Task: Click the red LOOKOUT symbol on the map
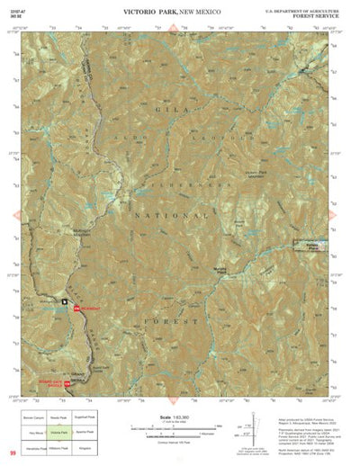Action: click(76, 309)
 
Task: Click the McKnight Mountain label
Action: click(106, 229)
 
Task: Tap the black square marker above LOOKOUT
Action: click(65, 301)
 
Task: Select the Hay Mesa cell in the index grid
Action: click(33, 432)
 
